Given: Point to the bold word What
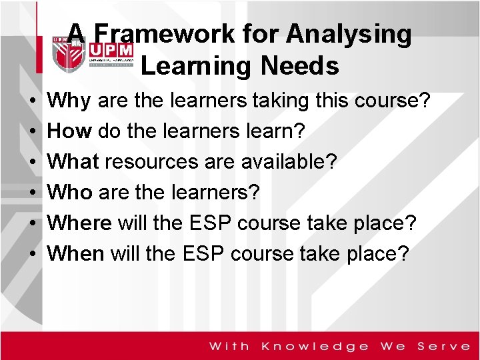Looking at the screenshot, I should point(74,162).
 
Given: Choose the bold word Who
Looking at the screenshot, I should point(71,193).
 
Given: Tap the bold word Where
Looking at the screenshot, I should point(81,223).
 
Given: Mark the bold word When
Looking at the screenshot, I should point(77,253).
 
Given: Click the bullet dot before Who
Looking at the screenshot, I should point(33,193).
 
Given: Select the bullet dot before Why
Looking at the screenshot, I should point(33,102).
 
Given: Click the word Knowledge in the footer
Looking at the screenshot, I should point(315,346).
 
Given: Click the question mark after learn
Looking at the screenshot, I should point(299,131).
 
